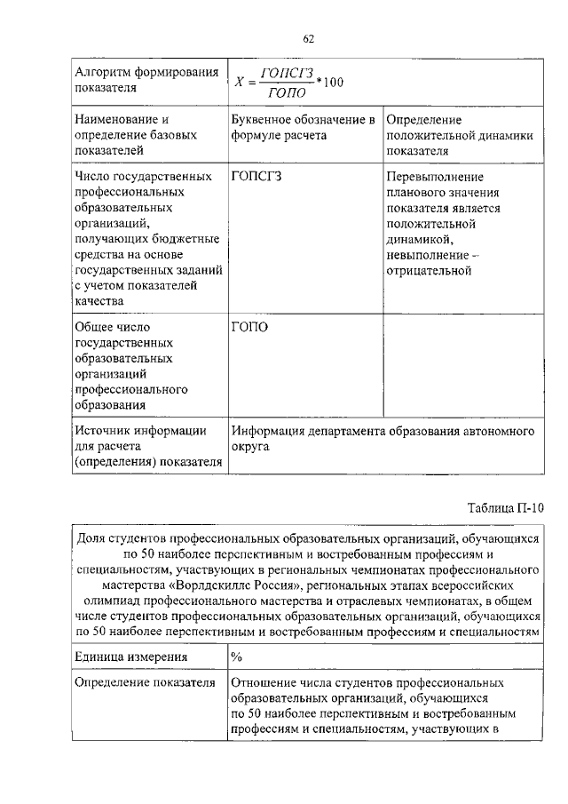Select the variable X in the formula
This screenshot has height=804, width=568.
(x=239, y=84)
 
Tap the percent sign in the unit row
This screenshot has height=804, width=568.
(x=236, y=657)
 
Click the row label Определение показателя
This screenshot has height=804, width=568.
(x=146, y=683)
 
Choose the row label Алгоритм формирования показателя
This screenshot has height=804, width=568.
(x=146, y=82)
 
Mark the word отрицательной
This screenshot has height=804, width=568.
(x=428, y=270)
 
